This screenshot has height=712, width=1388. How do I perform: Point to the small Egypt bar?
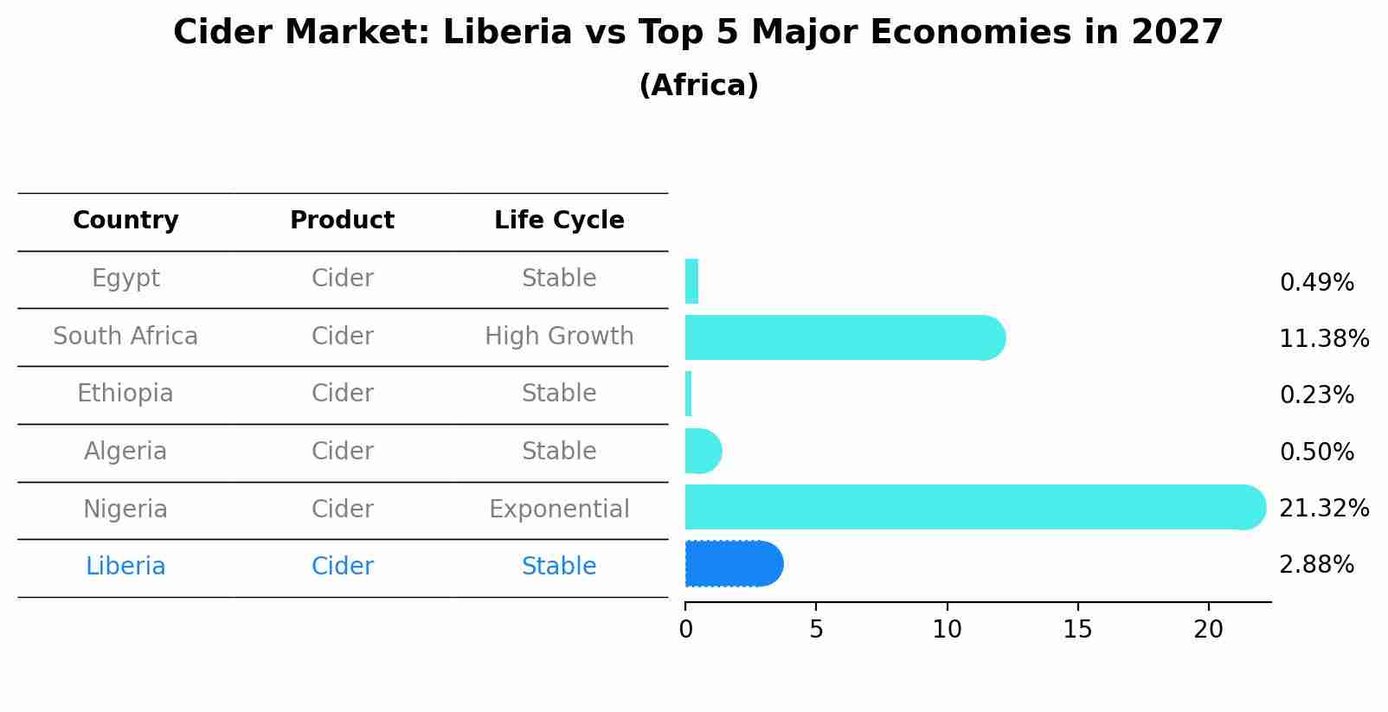point(691,281)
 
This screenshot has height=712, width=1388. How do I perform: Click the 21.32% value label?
point(1323,509)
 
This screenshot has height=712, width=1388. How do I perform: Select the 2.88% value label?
point(1316,565)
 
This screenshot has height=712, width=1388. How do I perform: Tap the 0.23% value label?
point(1316,395)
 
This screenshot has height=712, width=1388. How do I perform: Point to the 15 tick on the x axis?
point(1077,630)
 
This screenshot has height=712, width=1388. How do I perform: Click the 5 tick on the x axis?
point(816,630)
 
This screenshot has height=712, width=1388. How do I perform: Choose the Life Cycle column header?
point(559,221)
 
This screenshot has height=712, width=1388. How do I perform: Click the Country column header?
point(125,221)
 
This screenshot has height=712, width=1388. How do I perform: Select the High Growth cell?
point(559,337)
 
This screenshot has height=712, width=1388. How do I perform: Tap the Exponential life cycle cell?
point(559,510)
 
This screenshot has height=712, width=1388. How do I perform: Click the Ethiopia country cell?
point(125,394)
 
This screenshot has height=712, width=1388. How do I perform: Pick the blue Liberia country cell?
point(125,567)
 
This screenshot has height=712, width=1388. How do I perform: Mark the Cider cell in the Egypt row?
point(343,279)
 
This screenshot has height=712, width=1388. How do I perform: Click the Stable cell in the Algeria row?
point(559,452)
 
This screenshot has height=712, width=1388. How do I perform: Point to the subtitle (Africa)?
point(698,86)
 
